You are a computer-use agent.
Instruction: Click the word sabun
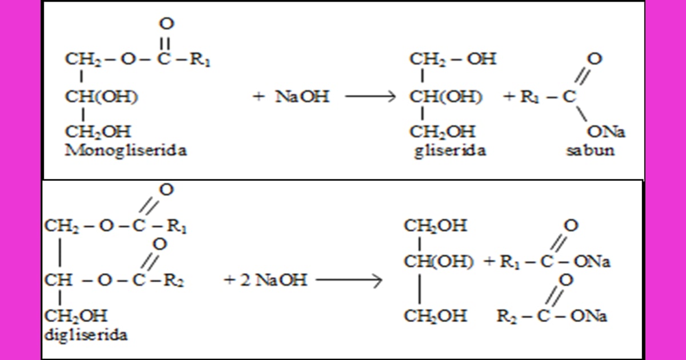click(x=590, y=150)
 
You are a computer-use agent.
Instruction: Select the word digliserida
click(x=86, y=335)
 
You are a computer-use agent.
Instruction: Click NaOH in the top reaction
click(x=302, y=97)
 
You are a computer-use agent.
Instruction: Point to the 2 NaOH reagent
click(x=273, y=280)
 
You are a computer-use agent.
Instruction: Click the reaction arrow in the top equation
click(x=370, y=97)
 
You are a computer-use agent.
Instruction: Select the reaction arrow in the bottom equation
click(x=349, y=280)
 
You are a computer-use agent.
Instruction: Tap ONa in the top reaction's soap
click(x=606, y=132)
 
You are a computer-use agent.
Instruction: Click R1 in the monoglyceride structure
click(x=200, y=59)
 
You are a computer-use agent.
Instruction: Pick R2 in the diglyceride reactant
click(x=174, y=281)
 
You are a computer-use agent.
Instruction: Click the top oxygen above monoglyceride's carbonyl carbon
click(x=166, y=23)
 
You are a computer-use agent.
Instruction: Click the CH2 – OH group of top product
click(x=453, y=59)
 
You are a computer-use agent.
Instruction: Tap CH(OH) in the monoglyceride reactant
click(x=101, y=97)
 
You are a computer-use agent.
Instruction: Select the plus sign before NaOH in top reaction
click(x=259, y=97)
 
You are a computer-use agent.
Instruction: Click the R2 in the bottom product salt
click(x=506, y=316)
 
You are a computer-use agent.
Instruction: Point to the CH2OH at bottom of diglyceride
click(x=76, y=316)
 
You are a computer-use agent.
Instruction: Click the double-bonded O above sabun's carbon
click(x=595, y=58)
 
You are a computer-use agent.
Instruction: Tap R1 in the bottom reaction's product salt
click(x=510, y=262)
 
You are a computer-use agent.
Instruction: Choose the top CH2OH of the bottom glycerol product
click(x=436, y=226)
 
